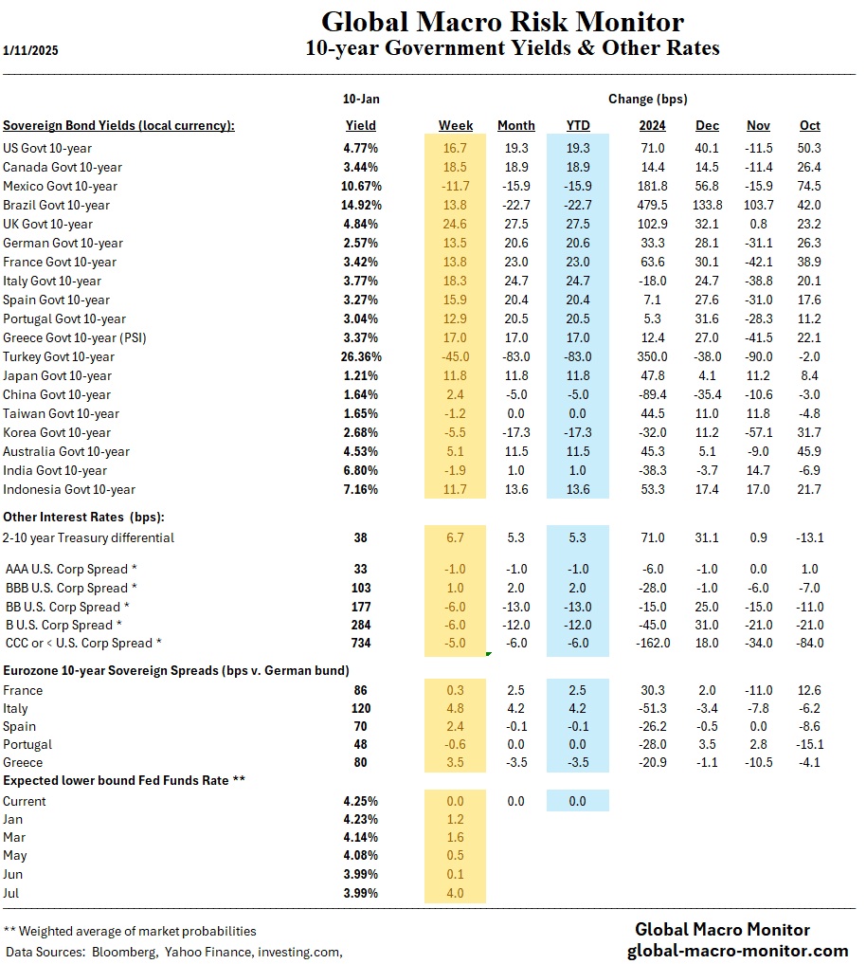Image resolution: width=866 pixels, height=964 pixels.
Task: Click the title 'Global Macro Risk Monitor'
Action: [x=501, y=22]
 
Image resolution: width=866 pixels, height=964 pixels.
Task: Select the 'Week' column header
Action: [x=456, y=125]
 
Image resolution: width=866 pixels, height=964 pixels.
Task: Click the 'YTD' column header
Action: [x=577, y=125]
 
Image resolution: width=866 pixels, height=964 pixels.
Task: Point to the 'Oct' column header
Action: [x=809, y=125]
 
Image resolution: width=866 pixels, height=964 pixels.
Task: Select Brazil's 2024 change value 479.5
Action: [x=653, y=205]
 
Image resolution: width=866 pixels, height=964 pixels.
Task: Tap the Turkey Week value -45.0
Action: [x=456, y=356]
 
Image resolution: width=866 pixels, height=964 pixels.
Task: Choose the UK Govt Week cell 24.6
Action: [x=456, y=224]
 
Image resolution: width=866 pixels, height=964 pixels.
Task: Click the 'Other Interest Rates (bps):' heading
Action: [x=82, y=517]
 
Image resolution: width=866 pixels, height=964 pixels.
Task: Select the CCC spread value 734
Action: [x=361, y=643]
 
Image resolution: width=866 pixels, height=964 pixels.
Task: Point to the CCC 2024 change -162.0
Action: [x=651, y=643]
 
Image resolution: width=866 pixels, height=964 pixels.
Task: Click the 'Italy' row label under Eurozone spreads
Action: [x=15, y=708]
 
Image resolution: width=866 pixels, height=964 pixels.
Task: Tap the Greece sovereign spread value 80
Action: [x=361, y=762]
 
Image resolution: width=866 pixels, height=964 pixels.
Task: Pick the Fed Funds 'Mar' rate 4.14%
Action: [x=361, y=837]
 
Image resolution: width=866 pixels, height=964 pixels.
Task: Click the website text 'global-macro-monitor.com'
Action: [x=738, y=951]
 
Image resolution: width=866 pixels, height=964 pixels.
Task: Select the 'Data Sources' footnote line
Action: [x=173, y=951]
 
